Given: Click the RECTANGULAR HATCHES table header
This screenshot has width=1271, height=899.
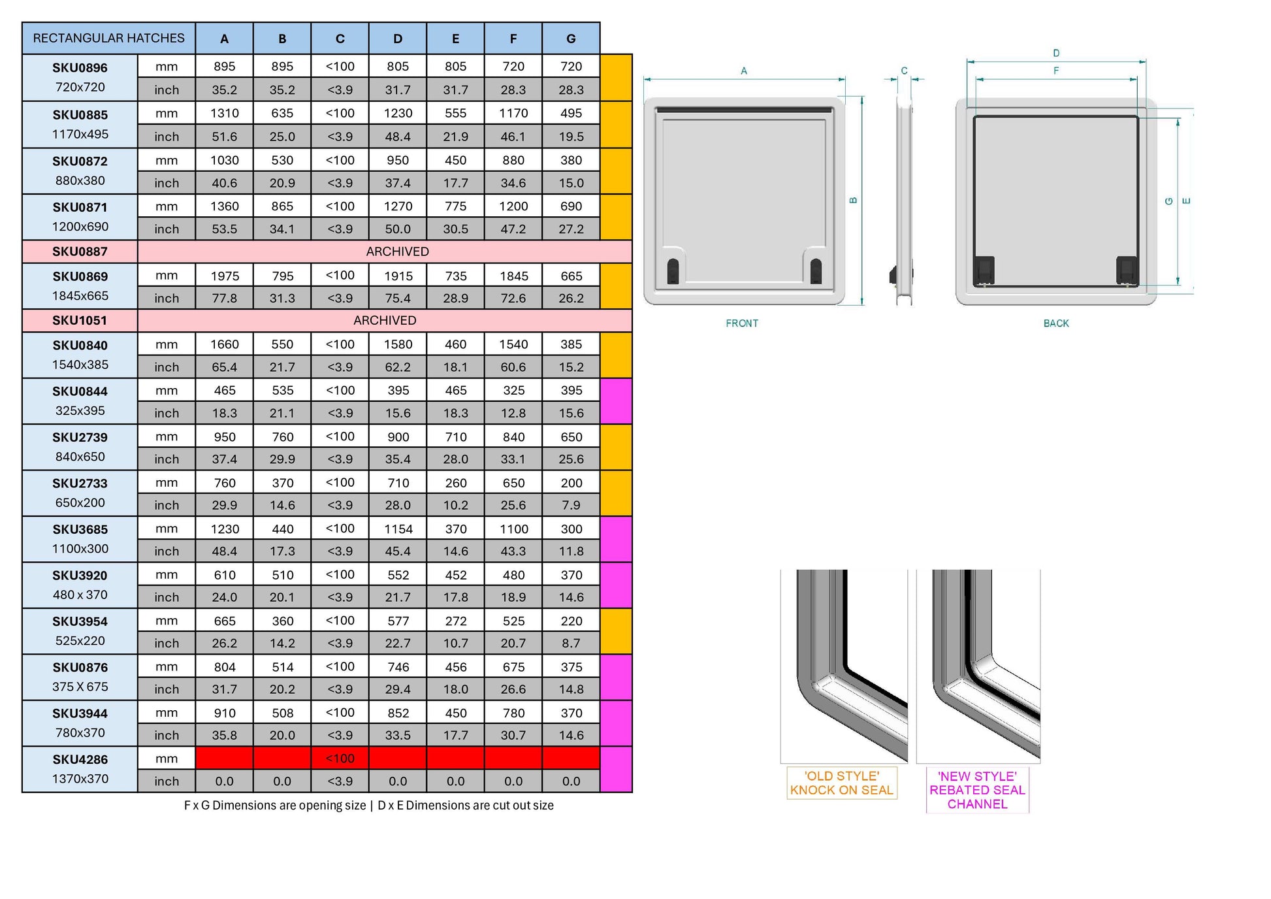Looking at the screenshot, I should (x=108, y=39).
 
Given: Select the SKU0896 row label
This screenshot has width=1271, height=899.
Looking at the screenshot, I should (x=80, y=68).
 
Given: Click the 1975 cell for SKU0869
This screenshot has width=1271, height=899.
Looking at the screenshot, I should (x=225, y=276).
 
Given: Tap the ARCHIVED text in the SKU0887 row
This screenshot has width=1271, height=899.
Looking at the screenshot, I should (x=397, y=252).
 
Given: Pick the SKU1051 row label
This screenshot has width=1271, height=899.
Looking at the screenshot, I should (x=80, y=320).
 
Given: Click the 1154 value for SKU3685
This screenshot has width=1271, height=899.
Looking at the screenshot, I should (x=398, y=529).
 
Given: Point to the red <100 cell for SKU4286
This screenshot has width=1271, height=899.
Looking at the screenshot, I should (x=340, y=758).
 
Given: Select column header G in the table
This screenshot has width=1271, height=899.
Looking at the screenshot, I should (x=571, y=39).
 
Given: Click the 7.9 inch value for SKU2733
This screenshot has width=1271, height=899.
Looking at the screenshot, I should (x=571, y=505).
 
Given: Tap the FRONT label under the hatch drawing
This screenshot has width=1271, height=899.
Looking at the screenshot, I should (x=742, y=323).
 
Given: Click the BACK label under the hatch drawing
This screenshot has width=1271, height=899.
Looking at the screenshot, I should (x=1056, y=323).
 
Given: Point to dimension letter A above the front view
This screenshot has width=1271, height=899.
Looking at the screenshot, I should (x=744, y=71).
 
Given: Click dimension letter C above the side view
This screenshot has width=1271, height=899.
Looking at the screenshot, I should (x=904, y=71).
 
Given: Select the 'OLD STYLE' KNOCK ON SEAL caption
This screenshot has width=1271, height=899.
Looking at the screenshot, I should (x=841, y=783).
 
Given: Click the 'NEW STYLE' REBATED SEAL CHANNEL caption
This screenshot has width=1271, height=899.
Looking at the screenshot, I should (x=977, y=790).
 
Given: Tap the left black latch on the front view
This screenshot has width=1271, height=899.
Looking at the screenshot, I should (x=673, y=270).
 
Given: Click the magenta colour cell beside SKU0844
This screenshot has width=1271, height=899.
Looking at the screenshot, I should (x=616, y=401).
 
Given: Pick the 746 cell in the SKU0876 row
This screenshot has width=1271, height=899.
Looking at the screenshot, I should (x=398, y=666).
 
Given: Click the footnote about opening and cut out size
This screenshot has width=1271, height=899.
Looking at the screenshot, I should (x=368, y=806).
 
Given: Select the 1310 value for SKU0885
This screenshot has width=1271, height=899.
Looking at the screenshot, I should (x=225, y=113).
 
